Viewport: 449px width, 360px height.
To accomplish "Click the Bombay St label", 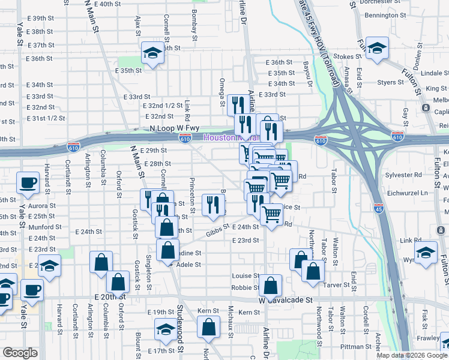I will pyautogui.click(x=194, y=25).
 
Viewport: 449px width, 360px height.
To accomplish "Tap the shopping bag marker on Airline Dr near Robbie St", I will pyautogui.click(x=272, y=287).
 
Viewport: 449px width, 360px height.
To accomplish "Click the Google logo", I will pyautogui.click(x=20, y=352).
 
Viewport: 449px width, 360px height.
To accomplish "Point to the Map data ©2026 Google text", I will pyautogui.click(x=411, y=355).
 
